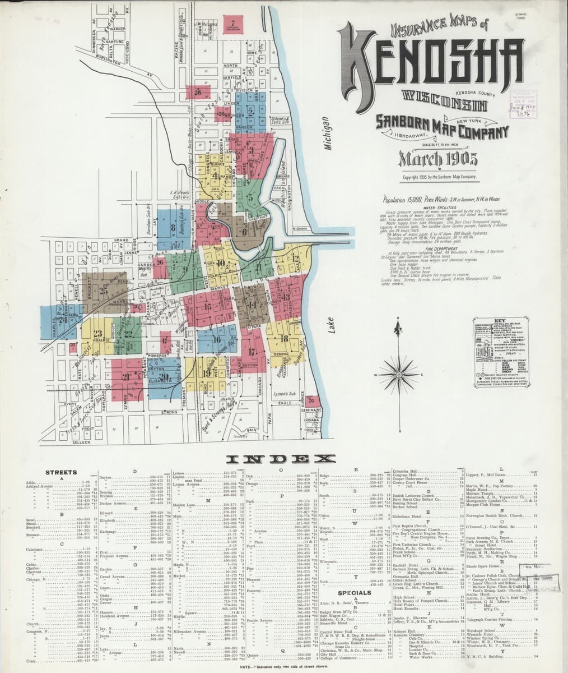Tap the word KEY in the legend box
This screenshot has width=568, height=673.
coord(501,321)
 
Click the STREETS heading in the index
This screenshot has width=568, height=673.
coord(61,472)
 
